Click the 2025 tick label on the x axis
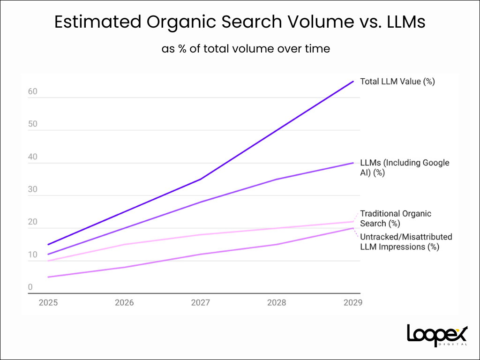pos(48,303)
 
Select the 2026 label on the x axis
pos(124,303)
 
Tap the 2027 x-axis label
pos(201,303)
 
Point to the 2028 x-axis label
pos(277,303)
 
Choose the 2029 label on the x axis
pos(352,303)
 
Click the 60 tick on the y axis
pos(32,92)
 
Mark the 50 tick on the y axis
pos(32,124)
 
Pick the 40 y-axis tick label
pos(32,157)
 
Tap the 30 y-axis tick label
pos(32,189)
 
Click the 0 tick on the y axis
pos(30,287)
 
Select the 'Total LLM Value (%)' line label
pos(397,82)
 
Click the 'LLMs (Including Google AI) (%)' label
pos(404,168)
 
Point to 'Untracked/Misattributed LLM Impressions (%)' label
pos(406,242)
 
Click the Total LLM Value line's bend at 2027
pos(201,179)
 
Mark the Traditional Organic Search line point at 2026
pos(124,244)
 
